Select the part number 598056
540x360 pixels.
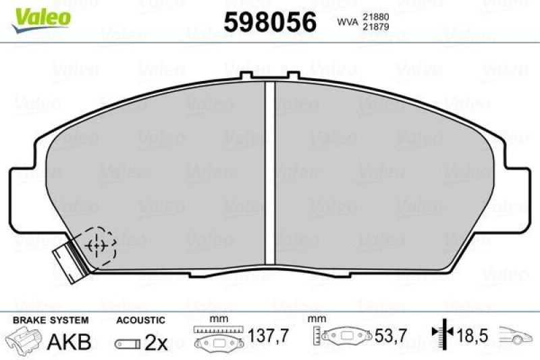(270, 22)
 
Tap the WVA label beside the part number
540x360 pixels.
(347, 22)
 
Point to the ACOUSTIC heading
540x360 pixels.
(140, 319)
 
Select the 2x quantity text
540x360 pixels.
(156, 342)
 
